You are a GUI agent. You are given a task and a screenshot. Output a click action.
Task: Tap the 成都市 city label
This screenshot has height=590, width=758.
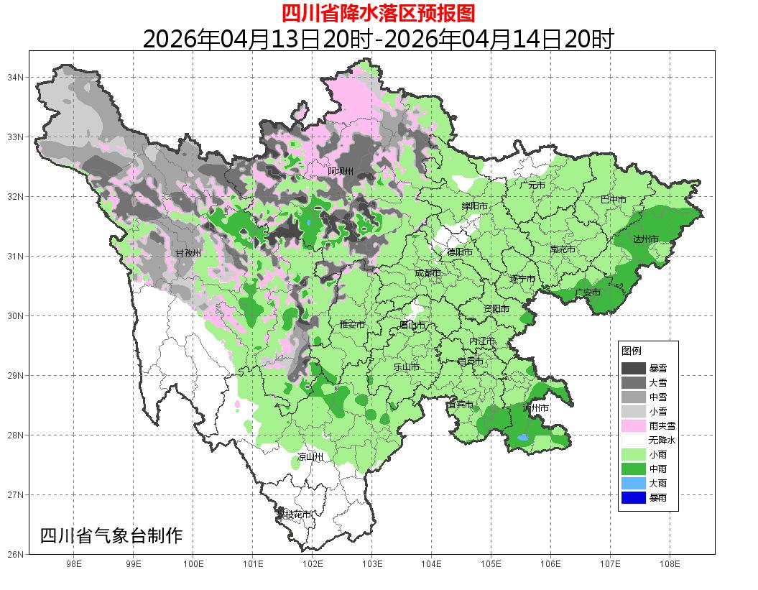[x=427, y=273]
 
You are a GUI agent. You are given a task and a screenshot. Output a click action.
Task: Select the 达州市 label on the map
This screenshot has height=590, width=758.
[x=645, y=239]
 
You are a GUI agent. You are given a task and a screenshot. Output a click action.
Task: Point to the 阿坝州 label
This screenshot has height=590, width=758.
[x=341, y=171]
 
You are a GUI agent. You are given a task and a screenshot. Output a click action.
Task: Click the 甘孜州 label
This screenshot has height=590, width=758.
[x=188, y=253]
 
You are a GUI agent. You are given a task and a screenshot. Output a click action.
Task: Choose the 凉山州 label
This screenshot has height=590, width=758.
[x=311, y=457]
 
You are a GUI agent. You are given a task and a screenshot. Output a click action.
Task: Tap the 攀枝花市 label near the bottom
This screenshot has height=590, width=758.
[x=295, y=515]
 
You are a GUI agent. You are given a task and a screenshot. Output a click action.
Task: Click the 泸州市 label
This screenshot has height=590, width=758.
[x=536, y=407]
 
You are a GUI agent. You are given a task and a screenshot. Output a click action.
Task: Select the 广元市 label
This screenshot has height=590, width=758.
[x=532, y=185]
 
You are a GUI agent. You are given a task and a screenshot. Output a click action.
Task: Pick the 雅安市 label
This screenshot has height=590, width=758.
[x=352, y=325]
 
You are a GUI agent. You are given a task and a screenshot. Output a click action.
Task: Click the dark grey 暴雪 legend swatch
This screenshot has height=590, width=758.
[x=634, y=368]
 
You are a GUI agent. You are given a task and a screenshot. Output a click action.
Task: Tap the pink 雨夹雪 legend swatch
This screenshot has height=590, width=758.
[x=634, y=425]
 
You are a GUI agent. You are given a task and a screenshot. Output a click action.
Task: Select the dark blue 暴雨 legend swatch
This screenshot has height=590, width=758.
[x=634, y=497]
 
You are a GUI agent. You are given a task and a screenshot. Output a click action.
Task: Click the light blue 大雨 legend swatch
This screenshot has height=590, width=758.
[x=634, y=483]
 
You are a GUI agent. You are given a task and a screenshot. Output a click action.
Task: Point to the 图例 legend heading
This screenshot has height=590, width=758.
[x=631, y=351]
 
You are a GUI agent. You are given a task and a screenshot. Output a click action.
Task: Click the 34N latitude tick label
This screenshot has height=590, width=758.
[x=16, y=77]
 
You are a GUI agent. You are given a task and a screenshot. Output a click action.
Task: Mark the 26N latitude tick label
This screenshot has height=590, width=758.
[x=16, y=554]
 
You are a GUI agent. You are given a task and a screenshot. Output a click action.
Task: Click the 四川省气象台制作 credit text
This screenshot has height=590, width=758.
[x=111, y=535]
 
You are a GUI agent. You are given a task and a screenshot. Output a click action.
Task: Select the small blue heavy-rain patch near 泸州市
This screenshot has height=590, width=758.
[x=523, y=438]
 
